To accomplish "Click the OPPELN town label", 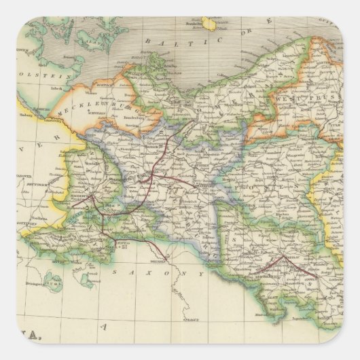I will pyautogui.click(x=309, y=278).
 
